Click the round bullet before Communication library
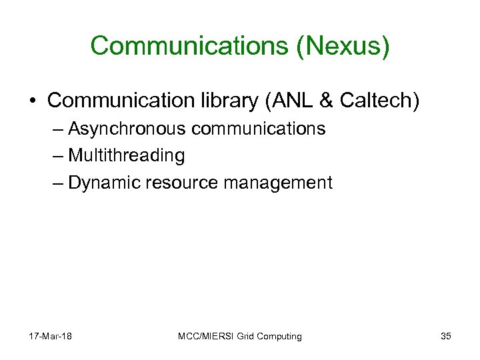point(34,101)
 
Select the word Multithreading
point(127,156)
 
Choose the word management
point(280,183)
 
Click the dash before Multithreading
point(57,156)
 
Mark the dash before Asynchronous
point(57,129)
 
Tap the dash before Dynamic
point(57,183)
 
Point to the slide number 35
point(445,336)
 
